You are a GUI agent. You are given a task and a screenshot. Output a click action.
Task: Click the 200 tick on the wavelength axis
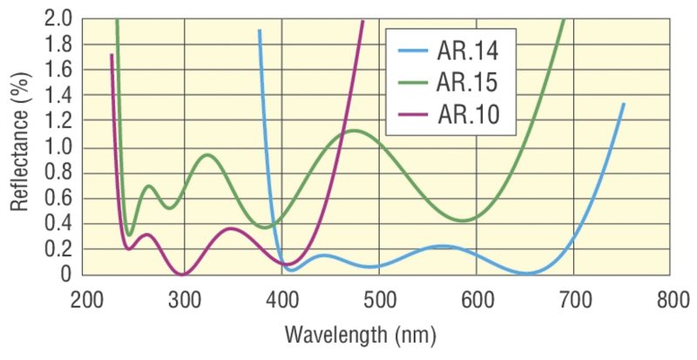tap(87, 301)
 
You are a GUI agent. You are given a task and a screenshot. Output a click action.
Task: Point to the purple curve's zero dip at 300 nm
tap(182, 275)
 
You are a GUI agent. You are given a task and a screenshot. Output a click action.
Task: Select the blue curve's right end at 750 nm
tap(623, 104)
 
